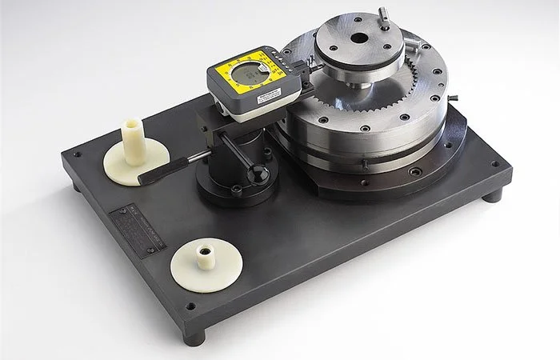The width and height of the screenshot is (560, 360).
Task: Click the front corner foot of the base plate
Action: click(194, 335)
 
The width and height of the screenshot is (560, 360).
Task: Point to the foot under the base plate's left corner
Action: click(76, 186)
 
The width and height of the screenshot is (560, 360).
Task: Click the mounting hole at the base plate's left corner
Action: click(77, 155)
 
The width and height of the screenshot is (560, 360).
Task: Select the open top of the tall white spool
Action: click(131, 125)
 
